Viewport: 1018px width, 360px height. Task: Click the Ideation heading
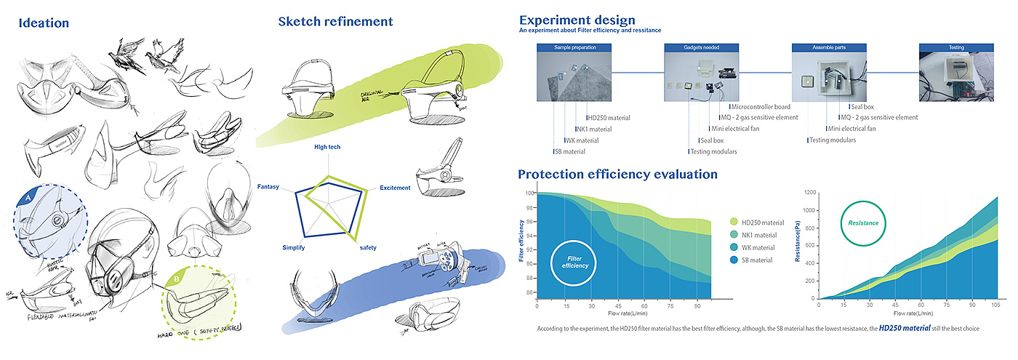point(44,23)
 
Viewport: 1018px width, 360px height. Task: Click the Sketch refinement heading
point(335,22)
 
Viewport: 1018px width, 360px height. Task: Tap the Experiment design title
point(577,20)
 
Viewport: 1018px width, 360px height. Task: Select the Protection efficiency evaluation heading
point(617,175)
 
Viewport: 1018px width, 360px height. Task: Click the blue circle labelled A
point(28,196)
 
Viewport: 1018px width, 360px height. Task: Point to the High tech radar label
point(327,147)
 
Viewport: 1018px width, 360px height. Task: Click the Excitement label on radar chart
point(395,188)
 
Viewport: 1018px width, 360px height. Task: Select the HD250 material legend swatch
point(734,222)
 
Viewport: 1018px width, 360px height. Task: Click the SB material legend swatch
point(734,260)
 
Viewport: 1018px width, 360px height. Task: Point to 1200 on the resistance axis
point(809,193)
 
